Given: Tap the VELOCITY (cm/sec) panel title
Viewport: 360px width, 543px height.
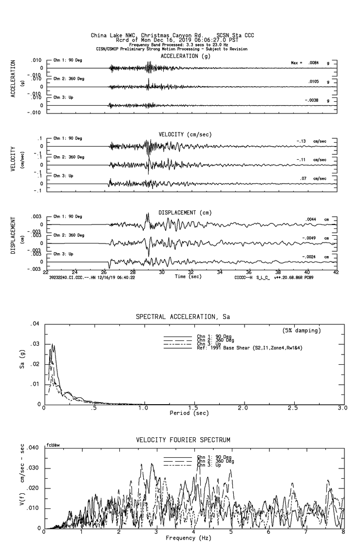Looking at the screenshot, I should point(186,134).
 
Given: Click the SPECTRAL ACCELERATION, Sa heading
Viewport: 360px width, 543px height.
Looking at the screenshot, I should point(183,317).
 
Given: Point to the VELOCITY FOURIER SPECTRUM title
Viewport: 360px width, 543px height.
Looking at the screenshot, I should point(183,440).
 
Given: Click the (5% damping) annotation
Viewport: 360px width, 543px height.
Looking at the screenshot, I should point(302,331).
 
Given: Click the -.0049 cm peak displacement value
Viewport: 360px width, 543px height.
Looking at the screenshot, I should point(315,238).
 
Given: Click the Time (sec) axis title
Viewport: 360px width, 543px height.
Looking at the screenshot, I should point(189,277).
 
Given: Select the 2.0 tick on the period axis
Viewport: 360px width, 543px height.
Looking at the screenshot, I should point(243,408).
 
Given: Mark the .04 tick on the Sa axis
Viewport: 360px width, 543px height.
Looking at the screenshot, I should point(35,324).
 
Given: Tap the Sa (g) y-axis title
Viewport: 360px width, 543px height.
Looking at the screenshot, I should point(22,365).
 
